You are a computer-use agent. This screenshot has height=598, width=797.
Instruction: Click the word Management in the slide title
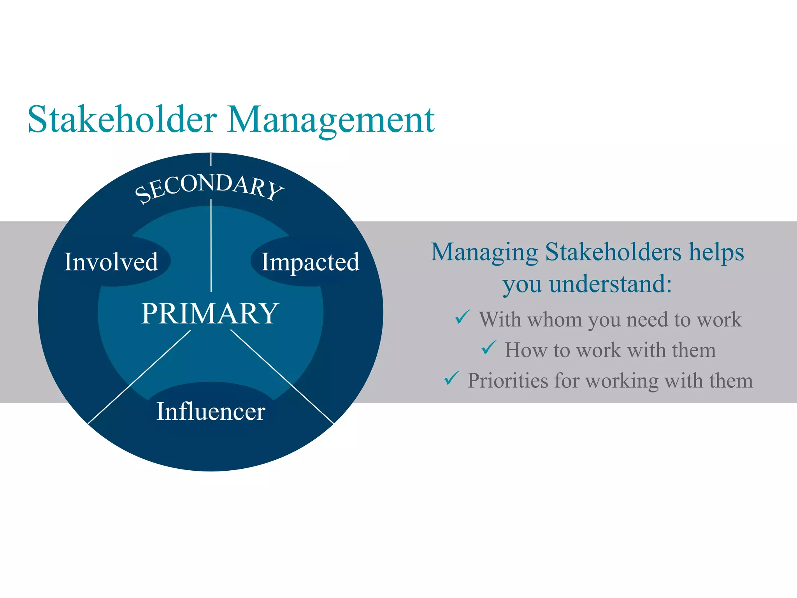pos(331,120)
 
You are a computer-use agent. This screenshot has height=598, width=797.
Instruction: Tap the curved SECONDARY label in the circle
pos(209,187)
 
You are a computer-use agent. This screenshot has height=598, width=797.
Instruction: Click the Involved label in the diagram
pos(111,262)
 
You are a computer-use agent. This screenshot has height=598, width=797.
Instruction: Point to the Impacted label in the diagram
pos(310,262)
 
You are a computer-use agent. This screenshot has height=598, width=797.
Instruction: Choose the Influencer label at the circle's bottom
pos(211,411)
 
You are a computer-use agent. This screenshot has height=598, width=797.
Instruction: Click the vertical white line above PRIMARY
pos(211,245)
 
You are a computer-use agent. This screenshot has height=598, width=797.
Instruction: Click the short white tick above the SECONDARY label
pos(211,159)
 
